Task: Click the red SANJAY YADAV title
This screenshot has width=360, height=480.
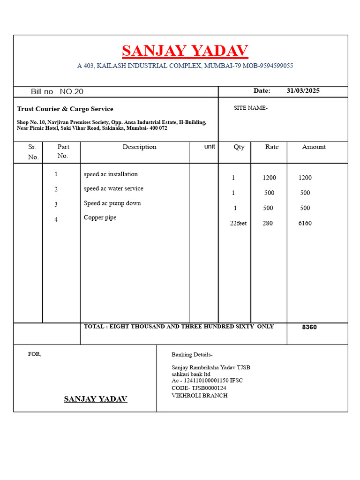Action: [185, 51]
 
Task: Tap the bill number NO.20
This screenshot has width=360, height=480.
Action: [72, 91]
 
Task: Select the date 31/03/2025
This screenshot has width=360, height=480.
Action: [303, 90]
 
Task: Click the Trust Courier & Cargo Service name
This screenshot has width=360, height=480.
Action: [65, 109]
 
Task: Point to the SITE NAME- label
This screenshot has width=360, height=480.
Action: [250, 108]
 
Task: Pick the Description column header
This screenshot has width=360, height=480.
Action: [139, 147]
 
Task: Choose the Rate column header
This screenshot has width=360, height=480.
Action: [272, 147]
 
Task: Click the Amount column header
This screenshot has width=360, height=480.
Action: [314, 147]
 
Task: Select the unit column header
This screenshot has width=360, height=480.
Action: [210, 146]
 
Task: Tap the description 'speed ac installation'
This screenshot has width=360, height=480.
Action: [111, 174]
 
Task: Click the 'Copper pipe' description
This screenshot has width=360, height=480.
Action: [100, 217]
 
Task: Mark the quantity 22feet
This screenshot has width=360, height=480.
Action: [238, 223]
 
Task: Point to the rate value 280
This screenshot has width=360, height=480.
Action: [268, 223]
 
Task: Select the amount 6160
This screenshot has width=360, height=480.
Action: [305, 223]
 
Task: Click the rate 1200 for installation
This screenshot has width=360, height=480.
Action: [270, 178]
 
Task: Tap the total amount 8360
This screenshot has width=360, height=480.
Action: [309, 327]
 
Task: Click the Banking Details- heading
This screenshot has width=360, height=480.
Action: [192, 354]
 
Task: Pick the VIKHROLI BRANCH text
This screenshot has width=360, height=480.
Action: [200, 396]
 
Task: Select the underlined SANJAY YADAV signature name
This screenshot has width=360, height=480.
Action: [96, 399]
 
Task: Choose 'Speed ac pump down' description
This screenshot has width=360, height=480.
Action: [112, 203]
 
